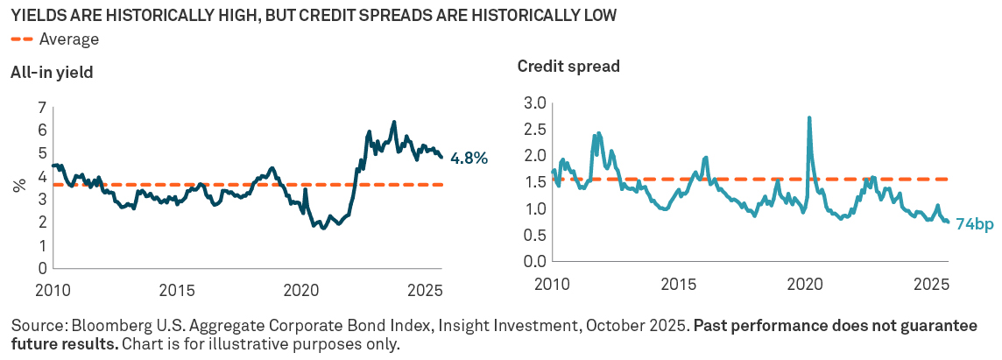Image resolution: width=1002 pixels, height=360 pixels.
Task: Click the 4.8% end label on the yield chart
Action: (x=468, y=159)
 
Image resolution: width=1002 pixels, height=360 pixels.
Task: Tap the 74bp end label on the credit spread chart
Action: (x=973, y=224)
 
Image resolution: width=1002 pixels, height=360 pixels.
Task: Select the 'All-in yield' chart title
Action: (x=52, y=73)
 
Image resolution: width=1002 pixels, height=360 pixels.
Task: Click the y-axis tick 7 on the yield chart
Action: (x=41, y=109)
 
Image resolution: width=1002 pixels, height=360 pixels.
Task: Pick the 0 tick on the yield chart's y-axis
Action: (x=41, y=268)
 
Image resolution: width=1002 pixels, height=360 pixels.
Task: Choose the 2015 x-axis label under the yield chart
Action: (x=178, y=289)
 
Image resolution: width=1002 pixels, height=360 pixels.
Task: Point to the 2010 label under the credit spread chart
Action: (x=552, y=285)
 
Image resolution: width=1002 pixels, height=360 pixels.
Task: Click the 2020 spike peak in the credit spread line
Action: (x=808, y=117)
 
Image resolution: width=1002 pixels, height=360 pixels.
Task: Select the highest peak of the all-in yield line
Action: (x=394, y=122)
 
